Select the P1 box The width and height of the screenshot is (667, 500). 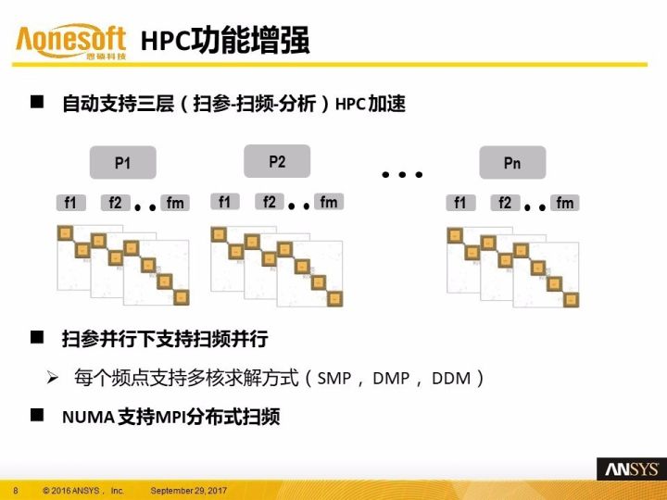[122, 163]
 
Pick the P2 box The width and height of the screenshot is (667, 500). [277, 161]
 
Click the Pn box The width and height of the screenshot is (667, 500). [512, 163]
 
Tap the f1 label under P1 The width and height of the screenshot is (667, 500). [70, 203]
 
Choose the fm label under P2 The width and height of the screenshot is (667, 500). [329, 202]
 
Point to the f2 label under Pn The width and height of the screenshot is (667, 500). [504, 203]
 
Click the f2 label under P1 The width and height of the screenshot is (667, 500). [114, 203]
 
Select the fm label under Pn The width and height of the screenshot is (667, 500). [565, 203]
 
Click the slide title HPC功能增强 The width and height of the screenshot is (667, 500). [225, 42]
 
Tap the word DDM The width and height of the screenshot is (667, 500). [452, 379]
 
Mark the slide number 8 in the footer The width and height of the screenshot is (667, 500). [15, 489]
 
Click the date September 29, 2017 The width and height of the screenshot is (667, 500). [189, 489]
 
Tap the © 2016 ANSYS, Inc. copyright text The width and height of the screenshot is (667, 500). [82, 489]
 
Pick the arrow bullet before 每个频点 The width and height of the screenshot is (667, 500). [54, 378]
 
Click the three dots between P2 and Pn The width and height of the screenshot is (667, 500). [402, 173]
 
